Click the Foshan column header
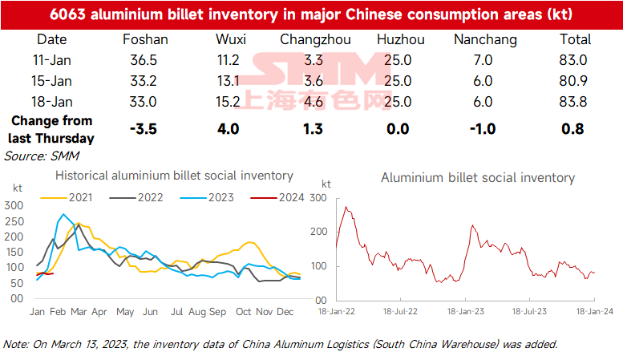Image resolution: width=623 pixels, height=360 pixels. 145,39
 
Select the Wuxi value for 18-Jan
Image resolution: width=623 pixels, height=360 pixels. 230,102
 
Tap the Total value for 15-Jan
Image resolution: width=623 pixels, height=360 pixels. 574,81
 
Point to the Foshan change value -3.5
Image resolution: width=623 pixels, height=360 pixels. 145,128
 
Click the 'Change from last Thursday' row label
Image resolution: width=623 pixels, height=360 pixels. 51,128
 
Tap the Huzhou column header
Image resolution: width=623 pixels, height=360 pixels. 398,39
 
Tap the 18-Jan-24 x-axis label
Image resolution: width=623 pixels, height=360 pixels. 593,311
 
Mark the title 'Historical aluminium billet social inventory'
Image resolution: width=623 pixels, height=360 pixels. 173,176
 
